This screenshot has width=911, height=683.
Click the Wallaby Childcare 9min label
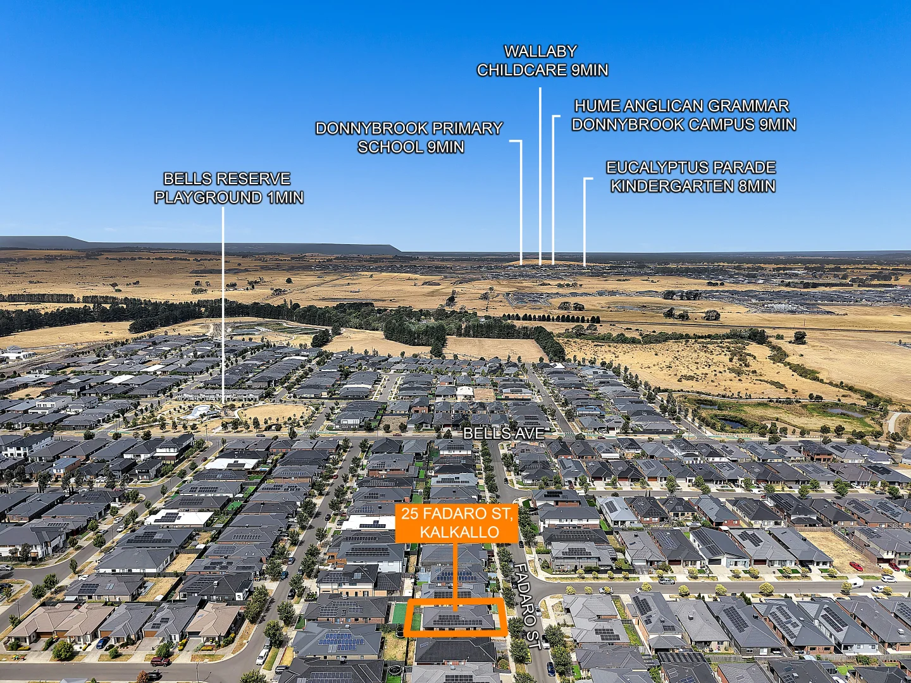tap(542, 61)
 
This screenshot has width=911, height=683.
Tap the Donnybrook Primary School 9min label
tap(409, 138)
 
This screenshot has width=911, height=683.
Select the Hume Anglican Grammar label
tap(683, 115)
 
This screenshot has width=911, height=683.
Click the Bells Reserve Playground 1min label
tap(228, 188)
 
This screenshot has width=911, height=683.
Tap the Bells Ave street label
tap(504, 433)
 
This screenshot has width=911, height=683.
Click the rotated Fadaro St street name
tap(528, 606)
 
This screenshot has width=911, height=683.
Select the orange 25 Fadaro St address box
tap(457, 524)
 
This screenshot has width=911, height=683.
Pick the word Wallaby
tap(541, 51)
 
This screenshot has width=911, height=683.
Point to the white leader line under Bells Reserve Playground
tap(223, 305)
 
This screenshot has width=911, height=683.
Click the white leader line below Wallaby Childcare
tap(540, 176)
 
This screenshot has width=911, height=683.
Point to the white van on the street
tap(855, 584)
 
